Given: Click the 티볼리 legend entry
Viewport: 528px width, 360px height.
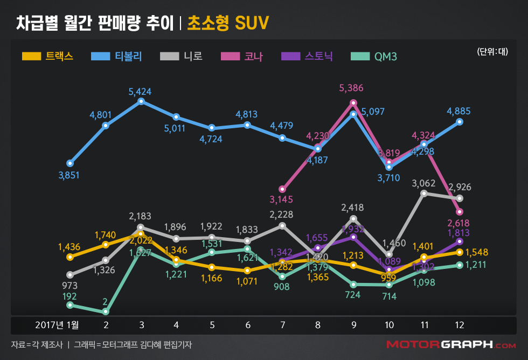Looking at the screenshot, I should click(x=117, y=56).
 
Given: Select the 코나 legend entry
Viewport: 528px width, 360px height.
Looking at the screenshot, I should click(x=241, y=56).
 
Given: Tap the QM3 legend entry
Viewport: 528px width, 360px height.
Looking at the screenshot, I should click(x=373, y=56).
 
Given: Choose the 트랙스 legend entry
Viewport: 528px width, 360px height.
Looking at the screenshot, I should click(x=48, y=56).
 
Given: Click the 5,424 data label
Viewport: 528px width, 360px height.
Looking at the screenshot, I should click(x=140, y=92).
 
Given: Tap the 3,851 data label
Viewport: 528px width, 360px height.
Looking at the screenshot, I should click(x=69, y=175).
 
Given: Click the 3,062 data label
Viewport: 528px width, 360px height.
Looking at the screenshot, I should click(x=423, y=183).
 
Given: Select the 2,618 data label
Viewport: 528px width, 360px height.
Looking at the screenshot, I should click(x=458, y=223).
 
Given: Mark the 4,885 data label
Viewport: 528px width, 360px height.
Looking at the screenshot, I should click(x=458, y=112).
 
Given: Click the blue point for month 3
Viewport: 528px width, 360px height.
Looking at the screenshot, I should click(x=141, y=101).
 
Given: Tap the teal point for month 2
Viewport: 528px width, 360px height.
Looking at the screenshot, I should click(x=106, y=311).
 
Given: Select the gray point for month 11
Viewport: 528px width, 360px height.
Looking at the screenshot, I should click(x=424, y=193).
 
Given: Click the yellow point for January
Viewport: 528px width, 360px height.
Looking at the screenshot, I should click(x=70, y=257).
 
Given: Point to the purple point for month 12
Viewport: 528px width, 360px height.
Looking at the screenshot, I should click(x=460, y=241).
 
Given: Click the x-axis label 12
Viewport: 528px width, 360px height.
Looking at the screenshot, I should click(x=459, y=325).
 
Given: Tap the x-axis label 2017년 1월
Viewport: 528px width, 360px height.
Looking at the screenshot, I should click(x=57, y=325).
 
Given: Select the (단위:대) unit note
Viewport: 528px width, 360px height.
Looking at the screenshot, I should click(x=492, y=52).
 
